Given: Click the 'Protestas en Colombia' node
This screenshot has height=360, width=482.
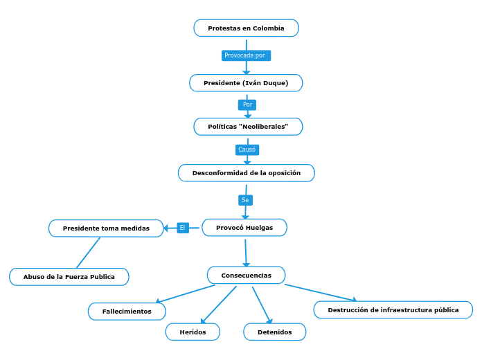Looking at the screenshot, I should pyautogui.click(x=246, y=28).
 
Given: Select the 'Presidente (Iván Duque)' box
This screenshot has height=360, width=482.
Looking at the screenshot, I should pyautogui.click(x=246, y=83).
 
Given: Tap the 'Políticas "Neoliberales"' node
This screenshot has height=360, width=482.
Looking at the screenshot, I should pyautogui.click(x=248, y=127).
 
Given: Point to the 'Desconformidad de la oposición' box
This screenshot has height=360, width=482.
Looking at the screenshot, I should pyautogui.click(x=247, y=173).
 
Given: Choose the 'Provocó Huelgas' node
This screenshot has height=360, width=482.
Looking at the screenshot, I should pyautogui.click(x=244, y=228).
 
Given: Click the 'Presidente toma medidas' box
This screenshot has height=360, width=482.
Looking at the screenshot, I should pyautogui.click(x=106, y=228).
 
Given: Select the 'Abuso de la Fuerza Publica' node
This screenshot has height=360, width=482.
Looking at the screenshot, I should pyautogui.click(x=69, y=277).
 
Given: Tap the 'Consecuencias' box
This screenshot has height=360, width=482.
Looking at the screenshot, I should pyautogui.click(x=246, y=276).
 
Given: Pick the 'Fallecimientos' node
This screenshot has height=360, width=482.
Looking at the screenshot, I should pyautogui.click(x=127, y=312).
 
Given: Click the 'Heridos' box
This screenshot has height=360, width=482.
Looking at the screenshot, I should pyautogui.click(x=193, y=332).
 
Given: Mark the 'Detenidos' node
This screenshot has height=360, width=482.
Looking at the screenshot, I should pyautogui.click(x=274, y=332).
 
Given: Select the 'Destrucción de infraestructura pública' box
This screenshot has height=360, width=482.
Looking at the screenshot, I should pyautogui.click(x=393, y=310).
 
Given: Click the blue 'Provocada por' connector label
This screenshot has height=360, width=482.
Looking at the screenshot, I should pyautogui.click(x=245, y=55).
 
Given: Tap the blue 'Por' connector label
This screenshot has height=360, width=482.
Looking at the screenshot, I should pyautogui.click(x=247, y=105).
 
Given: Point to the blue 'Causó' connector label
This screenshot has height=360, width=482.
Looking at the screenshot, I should pyautogui.click(x=247, y=150).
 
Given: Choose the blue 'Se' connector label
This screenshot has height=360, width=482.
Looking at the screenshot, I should pyautogui.click(x=245, y=200).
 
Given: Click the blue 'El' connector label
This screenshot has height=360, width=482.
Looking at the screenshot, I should pyautogui.click(x=183, y=228).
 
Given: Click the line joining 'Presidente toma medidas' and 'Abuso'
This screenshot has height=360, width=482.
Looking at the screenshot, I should pyautogui.click(x=88, y=253).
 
